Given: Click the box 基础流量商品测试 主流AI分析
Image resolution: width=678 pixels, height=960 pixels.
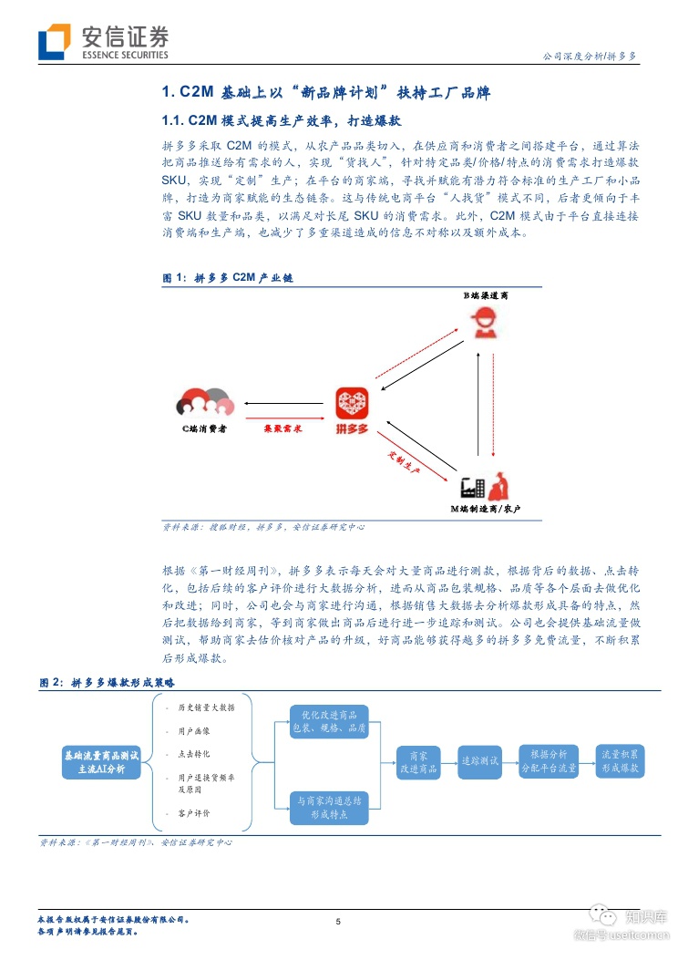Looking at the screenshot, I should [x=102, y=762].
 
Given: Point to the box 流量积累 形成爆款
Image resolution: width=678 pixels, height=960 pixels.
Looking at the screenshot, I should [x=622, y=761].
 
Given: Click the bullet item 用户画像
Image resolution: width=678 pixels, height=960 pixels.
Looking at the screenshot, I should [x=193, y=731].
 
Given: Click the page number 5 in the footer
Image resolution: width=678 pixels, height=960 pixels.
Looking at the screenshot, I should [x=338, y=922].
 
